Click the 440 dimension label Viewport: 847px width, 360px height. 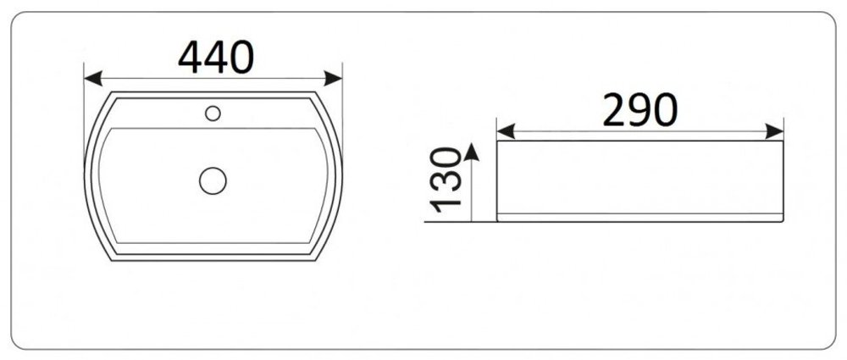pos(216,58)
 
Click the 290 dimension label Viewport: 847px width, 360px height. pos(640,110)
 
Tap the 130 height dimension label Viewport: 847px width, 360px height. pos(446,180)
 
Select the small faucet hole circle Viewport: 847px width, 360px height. pos(213,114)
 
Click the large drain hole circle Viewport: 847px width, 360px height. pos(213,180)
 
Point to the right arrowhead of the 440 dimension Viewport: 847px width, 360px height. pos(333,79)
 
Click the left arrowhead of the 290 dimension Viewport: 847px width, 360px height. pos(506,131)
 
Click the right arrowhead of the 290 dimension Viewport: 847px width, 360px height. pos(775,131)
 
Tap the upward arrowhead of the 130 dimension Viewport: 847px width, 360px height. pos(472,152)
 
